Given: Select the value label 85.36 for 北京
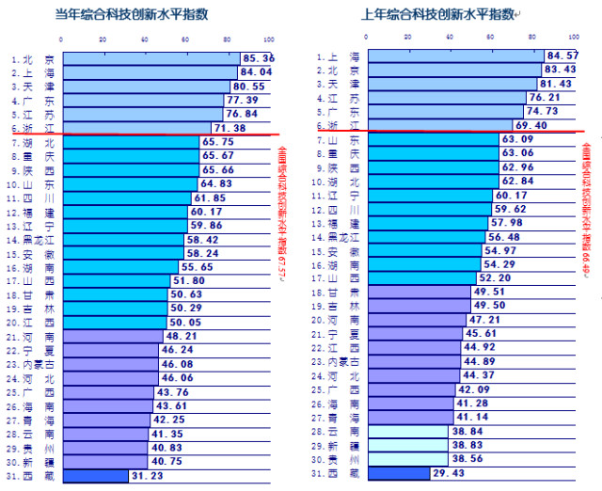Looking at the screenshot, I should tap(257, 58).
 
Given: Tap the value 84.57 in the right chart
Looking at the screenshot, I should tap(562, 55).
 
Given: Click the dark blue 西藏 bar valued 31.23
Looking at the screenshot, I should tap(94, 476).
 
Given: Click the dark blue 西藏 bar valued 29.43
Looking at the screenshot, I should tap(398, 474).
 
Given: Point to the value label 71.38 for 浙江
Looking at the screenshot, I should tap(230, 128).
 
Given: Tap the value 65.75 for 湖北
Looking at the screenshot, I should tap(218, 142).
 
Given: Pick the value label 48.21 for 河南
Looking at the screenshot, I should tap(182, 336).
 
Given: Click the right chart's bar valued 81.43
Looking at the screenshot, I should tap(451, 83).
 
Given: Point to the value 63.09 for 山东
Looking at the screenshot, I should tap(517, 139).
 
